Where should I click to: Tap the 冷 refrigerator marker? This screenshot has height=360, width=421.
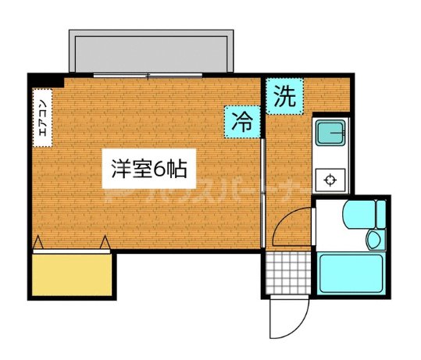tap(244, 121)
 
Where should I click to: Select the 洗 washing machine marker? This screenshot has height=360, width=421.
tap(284, 97)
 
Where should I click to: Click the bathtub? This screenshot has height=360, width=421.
tap(351, 273)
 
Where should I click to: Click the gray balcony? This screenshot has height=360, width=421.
tap(151, 52)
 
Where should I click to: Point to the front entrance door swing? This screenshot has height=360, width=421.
tap(281, 320)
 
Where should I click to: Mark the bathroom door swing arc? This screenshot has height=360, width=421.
tap(293, 226)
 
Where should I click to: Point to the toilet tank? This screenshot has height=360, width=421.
tap(381, 212)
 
